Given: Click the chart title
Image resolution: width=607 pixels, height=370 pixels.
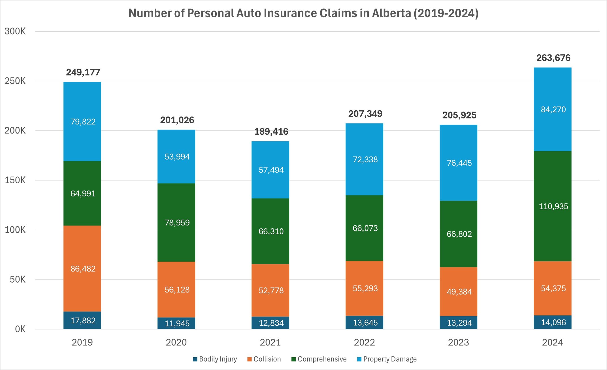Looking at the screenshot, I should [303, 13].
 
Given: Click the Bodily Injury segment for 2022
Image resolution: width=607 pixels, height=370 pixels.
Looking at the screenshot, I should [364, 322].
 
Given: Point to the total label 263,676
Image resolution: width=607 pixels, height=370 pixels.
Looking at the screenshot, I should [553, 58].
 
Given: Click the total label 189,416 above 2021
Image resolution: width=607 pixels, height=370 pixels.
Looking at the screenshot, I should [271, 132].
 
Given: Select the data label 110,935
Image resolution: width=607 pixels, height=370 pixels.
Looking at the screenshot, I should [553, 206].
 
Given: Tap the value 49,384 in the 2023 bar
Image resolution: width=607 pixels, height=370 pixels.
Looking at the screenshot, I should [459, 292].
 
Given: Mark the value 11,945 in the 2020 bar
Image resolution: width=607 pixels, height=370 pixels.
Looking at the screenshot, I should [177, 323].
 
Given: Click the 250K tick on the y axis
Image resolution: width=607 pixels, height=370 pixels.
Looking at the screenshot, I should [15, 81].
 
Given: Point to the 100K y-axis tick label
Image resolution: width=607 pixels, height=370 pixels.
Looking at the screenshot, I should [15, 230].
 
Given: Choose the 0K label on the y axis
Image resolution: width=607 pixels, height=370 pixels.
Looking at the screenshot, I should [20, 329].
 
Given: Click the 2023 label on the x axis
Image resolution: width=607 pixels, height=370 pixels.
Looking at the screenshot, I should [458, 343].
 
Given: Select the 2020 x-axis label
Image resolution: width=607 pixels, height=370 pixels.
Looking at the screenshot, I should [176, 343].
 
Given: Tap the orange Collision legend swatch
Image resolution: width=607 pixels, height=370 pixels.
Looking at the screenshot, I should [250, 359].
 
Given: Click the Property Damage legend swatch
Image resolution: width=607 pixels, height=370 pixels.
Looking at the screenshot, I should [359, 359].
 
